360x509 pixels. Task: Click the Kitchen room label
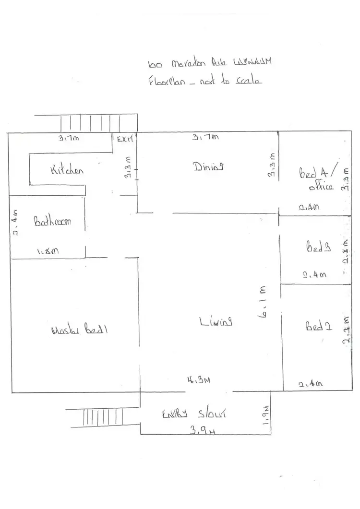68,170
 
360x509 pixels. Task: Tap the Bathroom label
52,222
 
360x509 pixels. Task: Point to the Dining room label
209,167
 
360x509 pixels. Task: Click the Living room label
216,321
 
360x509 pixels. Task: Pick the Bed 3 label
318,248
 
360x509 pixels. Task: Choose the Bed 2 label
319,327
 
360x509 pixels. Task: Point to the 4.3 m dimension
199,380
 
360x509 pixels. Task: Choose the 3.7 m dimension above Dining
205,138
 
